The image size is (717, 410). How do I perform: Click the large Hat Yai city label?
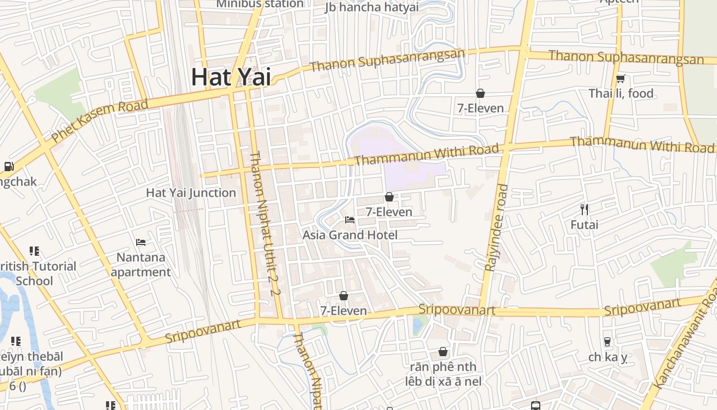pos(231,77)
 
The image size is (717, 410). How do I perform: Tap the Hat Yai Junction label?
pos(191,193)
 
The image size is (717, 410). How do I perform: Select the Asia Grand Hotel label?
pos(350,235)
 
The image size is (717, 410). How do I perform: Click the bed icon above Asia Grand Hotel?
pos(350,220)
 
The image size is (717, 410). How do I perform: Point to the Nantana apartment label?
pos(141,264)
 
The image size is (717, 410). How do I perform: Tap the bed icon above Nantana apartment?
pos(141,242)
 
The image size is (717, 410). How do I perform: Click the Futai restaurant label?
pos(584,224)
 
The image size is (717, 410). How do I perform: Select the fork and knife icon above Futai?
pos(584,209)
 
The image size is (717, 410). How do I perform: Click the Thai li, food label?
pos(621,93)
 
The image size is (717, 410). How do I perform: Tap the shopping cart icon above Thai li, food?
pos(621,78)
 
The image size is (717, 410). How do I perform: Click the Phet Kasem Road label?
pos(99,120)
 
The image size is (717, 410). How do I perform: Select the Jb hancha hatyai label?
pos(371,7)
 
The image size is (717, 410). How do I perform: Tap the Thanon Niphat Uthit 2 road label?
pos(264,223)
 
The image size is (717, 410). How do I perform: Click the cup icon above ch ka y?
pos(607,341)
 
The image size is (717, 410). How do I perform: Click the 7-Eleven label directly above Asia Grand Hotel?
pos(389,211)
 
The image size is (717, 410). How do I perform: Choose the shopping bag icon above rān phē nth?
pos(443,352)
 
